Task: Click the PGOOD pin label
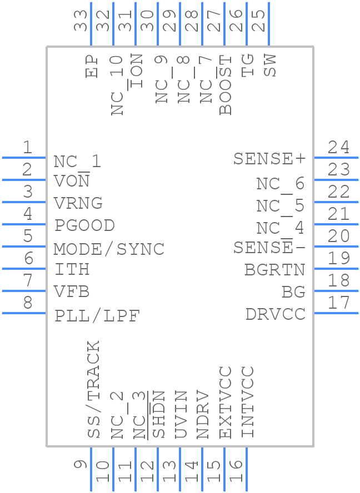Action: pyautogui.click(x=84, y=225)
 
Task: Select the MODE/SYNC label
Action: pyautogui.click(x=109, y=249)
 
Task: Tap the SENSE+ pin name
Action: pyautogui.click(x=269, y=159)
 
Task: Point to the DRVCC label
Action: pyautogui.click(x=276, y=314)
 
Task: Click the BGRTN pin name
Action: pyautogui.click(x=275, y=270)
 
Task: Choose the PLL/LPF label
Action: pyautogui.click(x=97, y=316)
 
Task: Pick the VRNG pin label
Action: pyautogui.click(x=78, y=203)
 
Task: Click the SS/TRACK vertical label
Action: pyautogui.click(x=94, y=389)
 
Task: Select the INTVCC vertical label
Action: pyautogui.click(x=248, y=402)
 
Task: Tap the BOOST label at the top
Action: pyautogui.click(x=226, y=85)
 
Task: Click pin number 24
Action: pyautogui.click(x=338, y=148)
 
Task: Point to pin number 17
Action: pyautogui.click(x=338, y=303)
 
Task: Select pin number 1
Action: pyautogui.click(x=27, y=148)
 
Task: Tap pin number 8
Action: pyautogui.click(x=27, y=303)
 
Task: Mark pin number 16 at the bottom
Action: pyautogui.click(x=236, y=471)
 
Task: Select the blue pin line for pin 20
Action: pyautogui.click(x=336, y=247)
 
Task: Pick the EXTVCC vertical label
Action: pyautogui.click(x=226, y=402)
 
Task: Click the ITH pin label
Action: pyautogui.click(x=72, y=270)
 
